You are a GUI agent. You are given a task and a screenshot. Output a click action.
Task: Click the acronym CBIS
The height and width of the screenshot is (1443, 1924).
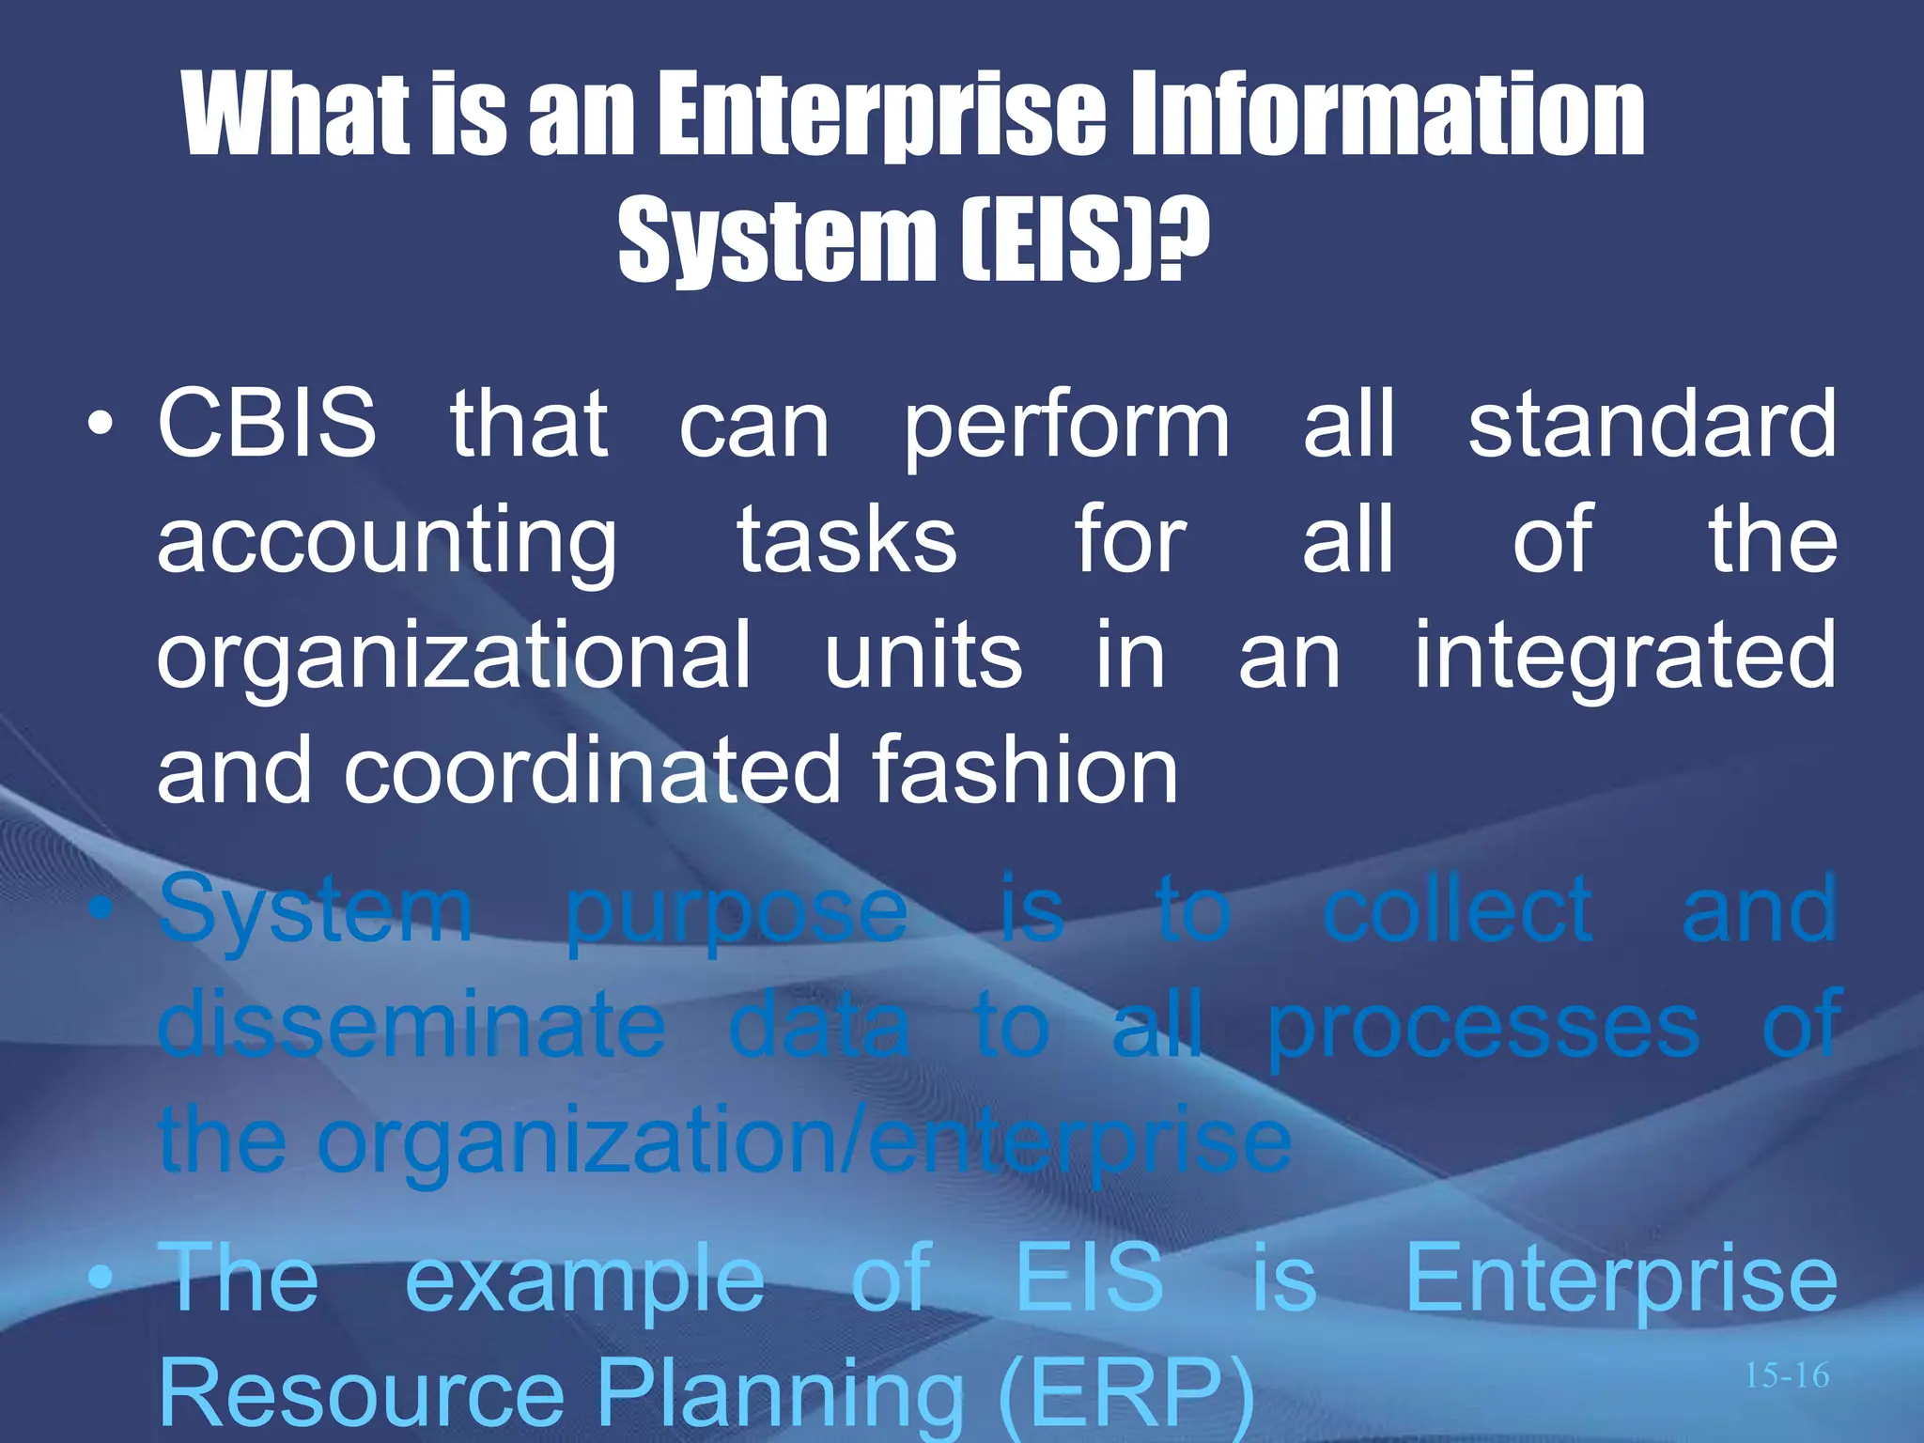267,425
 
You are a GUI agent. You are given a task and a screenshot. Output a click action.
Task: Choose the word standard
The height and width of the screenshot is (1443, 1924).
1652,425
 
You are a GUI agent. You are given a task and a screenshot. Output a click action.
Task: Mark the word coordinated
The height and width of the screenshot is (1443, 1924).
592,770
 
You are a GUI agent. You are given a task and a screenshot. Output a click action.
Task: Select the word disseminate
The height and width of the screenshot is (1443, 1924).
412,1026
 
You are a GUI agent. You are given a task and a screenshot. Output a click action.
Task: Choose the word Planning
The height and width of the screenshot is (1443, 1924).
781,1395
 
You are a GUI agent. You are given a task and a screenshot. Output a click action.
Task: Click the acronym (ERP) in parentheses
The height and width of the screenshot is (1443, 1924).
1125,1395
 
